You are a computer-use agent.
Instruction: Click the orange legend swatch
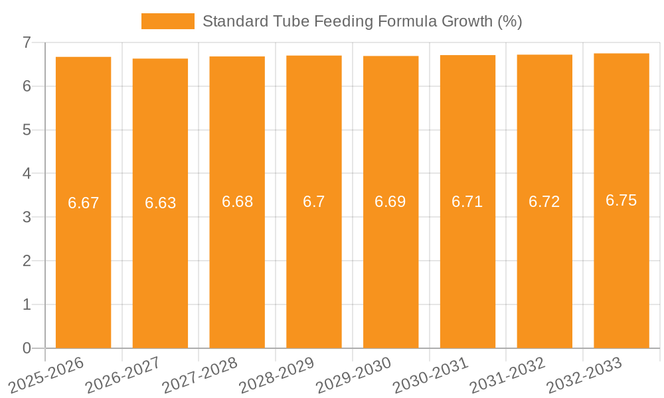(167, 21)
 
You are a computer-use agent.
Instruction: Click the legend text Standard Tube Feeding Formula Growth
(362, 21)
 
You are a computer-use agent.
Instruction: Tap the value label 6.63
(161, 203)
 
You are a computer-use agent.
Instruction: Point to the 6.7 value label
(314, 202)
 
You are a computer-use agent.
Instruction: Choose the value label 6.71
(467, 202)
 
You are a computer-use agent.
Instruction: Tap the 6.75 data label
(622, 200)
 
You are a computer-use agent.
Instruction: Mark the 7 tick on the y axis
(27, 42)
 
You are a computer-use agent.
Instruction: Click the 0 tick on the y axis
(27, 348)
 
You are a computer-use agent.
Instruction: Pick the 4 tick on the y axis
(27, 174)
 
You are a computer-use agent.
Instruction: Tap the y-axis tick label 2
(27, 261)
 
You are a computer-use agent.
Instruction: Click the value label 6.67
(84, 203)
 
